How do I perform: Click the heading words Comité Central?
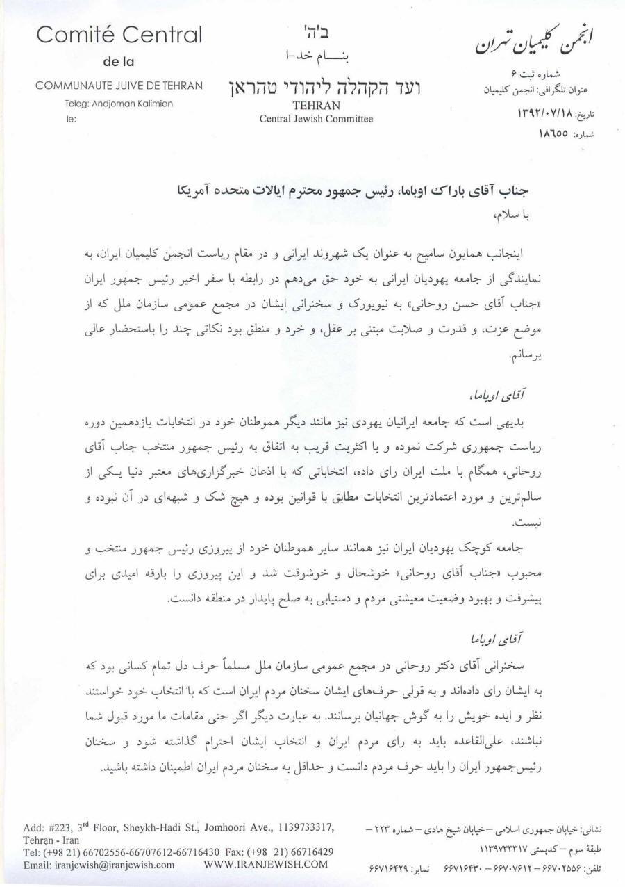(119, 35)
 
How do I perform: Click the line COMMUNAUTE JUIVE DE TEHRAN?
(119, 86)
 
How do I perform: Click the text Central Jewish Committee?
(316, 119)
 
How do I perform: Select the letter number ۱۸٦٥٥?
(553, 132)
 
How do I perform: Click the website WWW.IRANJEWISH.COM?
(266, 865)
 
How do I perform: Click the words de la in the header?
(119, 61)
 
